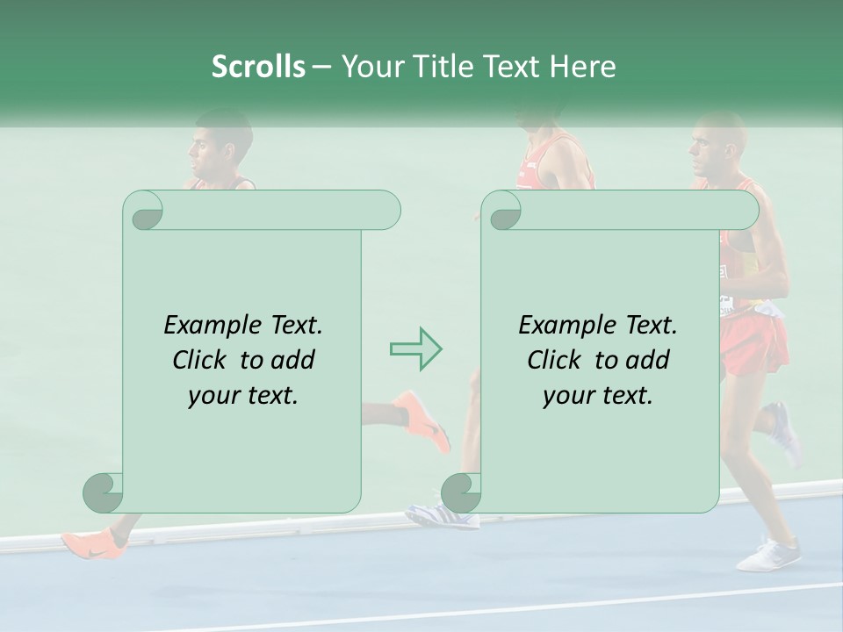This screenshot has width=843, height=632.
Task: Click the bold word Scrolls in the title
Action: point(258,67)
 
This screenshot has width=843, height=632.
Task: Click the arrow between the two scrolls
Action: point(415,349)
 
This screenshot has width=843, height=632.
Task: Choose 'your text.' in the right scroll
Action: point(598,396)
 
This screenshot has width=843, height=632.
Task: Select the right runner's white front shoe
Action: point(769,555)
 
